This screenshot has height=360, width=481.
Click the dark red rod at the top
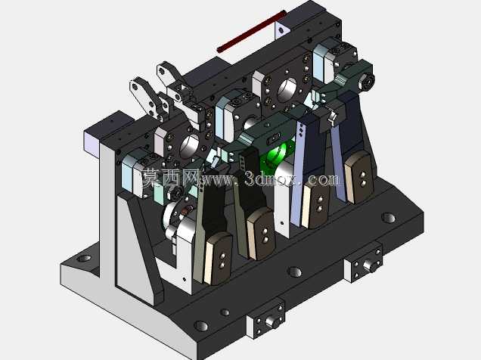(252, 31)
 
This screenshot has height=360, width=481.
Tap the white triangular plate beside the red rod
(281, 29)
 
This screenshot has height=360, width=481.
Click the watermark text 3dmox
(272, 178)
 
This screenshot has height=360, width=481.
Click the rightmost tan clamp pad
(359, 177)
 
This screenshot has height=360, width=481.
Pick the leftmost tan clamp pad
(219, 258)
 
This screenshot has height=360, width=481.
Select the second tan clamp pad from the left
(261, 233)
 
